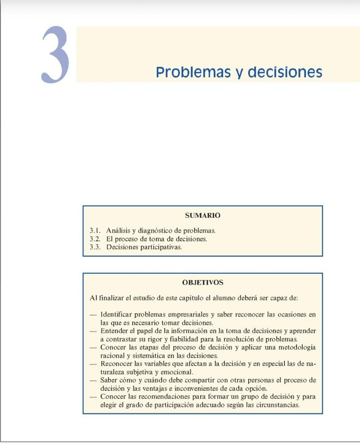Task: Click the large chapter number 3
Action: pyautogui.click(x=55, y=55)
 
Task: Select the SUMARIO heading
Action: pyautogui.click(x=203, y=215)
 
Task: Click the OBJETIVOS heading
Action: pyautogui.click(x=203, y=283)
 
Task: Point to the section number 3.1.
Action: pyautogui.click(x=95, y=230)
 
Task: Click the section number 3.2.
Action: pyautogui.click(x=95, y=239)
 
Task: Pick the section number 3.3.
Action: pyautogui.click(x=95, y=247)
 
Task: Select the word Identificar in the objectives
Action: pyautogui.click(x=116, y=314)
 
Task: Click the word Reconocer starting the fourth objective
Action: pyautogui.click(x=117, y=364)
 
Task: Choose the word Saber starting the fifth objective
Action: pyautogui.click(x=109, y=380)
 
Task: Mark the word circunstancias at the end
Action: pyautogui.click(x=276, y=405)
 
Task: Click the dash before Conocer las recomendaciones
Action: pyautogui.click(x=92, y=397)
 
